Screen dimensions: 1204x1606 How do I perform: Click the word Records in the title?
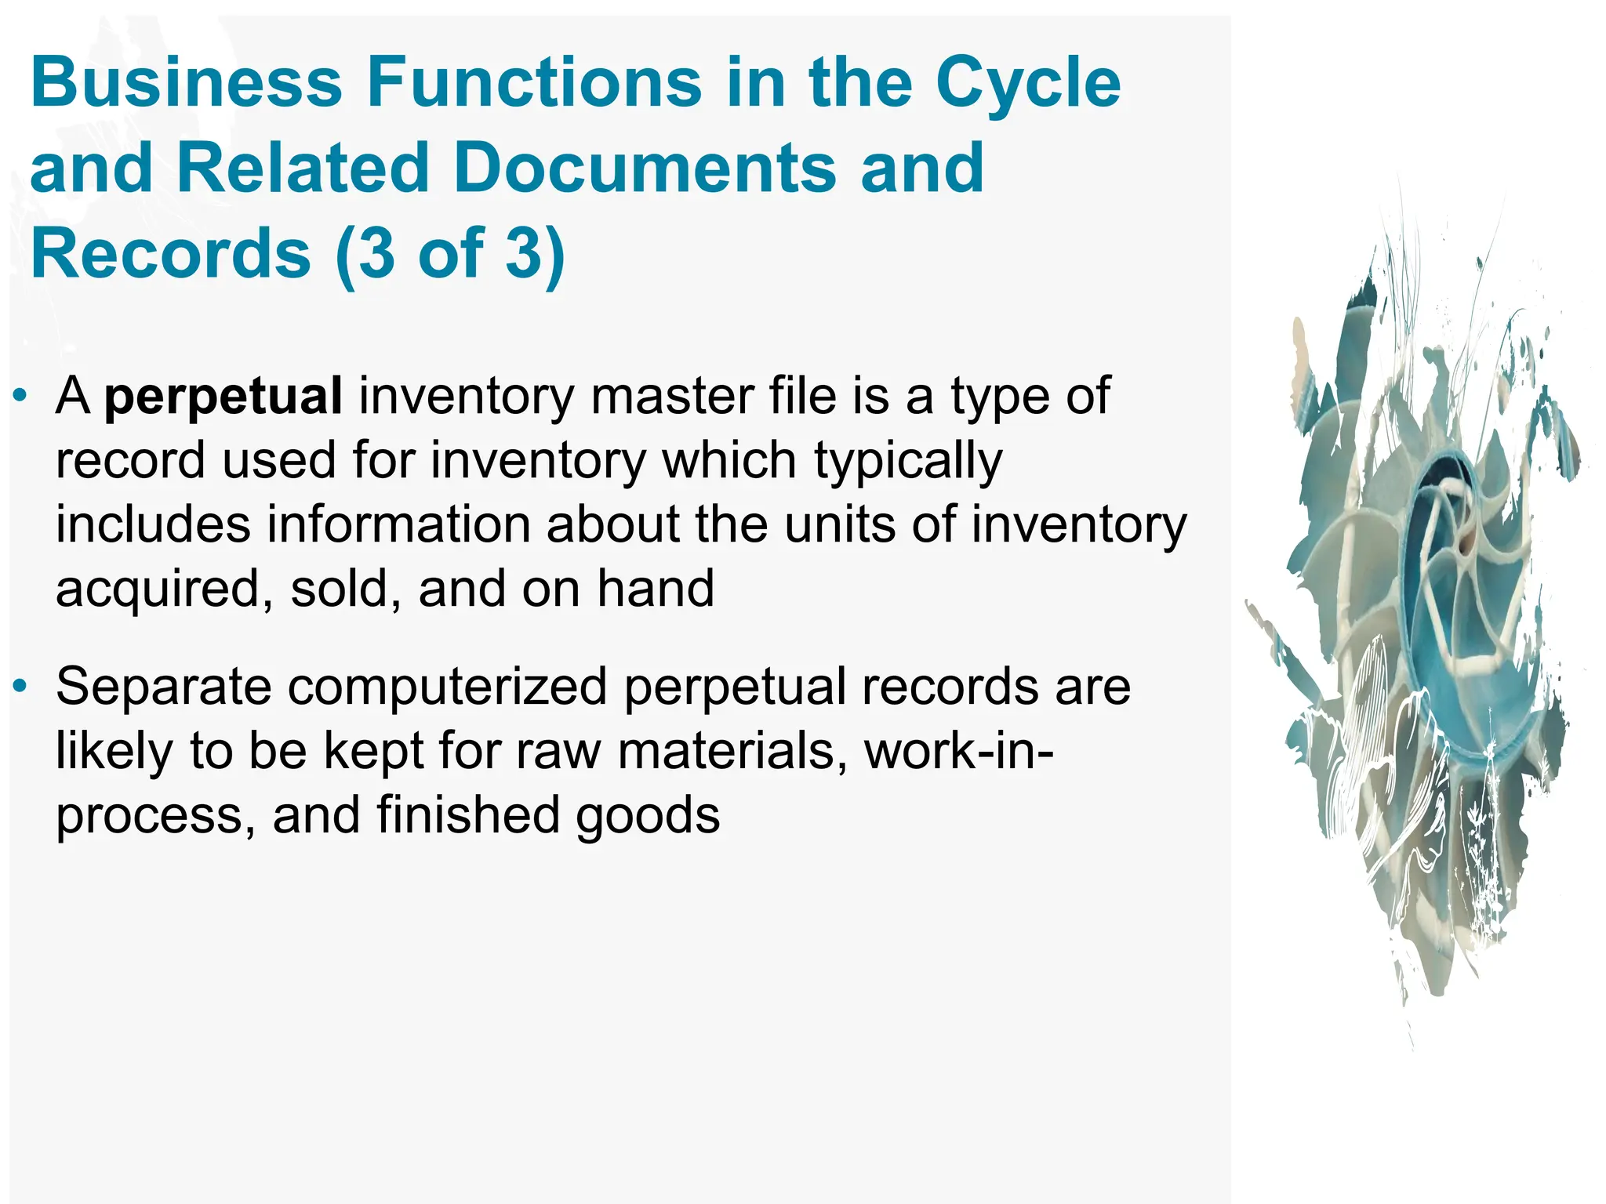pyautogui.click(x=171, y=253)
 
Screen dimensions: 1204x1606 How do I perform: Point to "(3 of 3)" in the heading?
pyautogui.click(x=450, y=253)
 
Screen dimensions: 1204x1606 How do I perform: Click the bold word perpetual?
pyautogui.click(x=223, y=397)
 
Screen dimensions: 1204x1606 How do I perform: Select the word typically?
pyautogui.click(x=908, y=462)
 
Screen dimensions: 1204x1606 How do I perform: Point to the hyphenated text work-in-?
pyautogui.click(x=958, y=752)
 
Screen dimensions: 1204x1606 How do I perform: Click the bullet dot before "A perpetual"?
pyautogui.click(x=21, y=394)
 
